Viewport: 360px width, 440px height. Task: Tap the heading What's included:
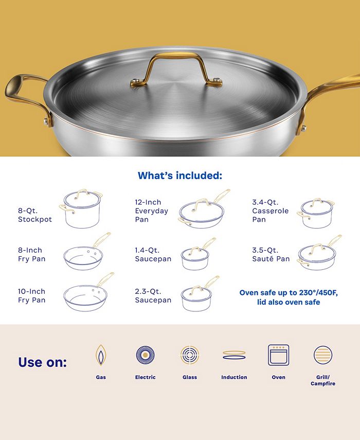pyautogui.click(x=179, y=176)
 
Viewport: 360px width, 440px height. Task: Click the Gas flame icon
pyautogui.click(x=101, y=355)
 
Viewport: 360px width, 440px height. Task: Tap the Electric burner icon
pyautogui.click(x=145, y=355)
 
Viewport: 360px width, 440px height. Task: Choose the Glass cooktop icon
pyautogui.click(x=189, y=355)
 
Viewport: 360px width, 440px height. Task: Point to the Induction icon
pyautogui.click(x=234, y=355)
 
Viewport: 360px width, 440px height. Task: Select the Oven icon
pyautogui.click(x=278, y=355)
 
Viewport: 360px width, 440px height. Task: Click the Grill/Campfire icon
pyautogui.click(x=323, y=355)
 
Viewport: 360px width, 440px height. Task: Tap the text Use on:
pyautogui.click(x=42, y=362)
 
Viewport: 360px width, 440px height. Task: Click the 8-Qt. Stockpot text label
pyautogui.click(x=35, y=215)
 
